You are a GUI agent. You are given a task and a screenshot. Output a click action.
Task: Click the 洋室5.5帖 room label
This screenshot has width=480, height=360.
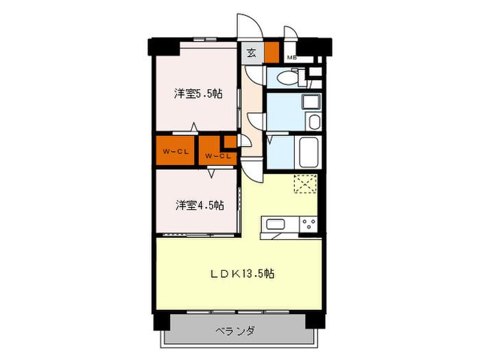click(x=198, y=93)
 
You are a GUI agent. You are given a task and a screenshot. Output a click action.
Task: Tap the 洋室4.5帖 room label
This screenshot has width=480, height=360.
click(x=200, y=205)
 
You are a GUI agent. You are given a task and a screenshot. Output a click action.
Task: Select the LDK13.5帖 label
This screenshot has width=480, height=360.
click(x=242, y=274)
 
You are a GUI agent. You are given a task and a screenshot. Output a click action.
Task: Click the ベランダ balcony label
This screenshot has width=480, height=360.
click(x=235, y=331)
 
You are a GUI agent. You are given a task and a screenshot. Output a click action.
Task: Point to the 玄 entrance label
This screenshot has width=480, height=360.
click(x=252, y=53)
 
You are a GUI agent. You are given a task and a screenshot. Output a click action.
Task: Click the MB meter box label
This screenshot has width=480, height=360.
click(x=291, y=57)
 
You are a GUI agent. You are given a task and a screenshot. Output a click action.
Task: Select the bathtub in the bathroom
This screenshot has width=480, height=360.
click(x=309, y=152)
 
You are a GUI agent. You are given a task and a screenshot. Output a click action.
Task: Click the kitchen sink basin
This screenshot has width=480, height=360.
click(x=276, y=224)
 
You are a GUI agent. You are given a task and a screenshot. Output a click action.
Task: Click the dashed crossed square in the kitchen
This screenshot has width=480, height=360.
click(x=305, y=184)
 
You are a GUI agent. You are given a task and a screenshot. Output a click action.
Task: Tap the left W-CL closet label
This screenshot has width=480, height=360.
click(x=176, y=152)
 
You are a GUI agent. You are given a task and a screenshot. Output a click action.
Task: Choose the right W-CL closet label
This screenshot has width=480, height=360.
click(x=217, y=156)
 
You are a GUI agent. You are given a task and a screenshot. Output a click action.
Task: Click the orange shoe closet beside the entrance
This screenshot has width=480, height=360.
click(x=272, y=52)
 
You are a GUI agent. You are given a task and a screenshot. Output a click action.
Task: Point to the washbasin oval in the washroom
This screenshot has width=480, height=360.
click(x=314, y=123)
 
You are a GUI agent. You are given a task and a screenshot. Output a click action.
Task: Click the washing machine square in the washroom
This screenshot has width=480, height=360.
click(x=311, y=101)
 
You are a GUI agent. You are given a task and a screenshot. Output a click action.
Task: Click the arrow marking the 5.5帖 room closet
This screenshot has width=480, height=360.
click(x=194, y=127)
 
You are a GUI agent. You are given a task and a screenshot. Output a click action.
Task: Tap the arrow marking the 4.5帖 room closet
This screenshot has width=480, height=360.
click(x=211, y=173)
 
